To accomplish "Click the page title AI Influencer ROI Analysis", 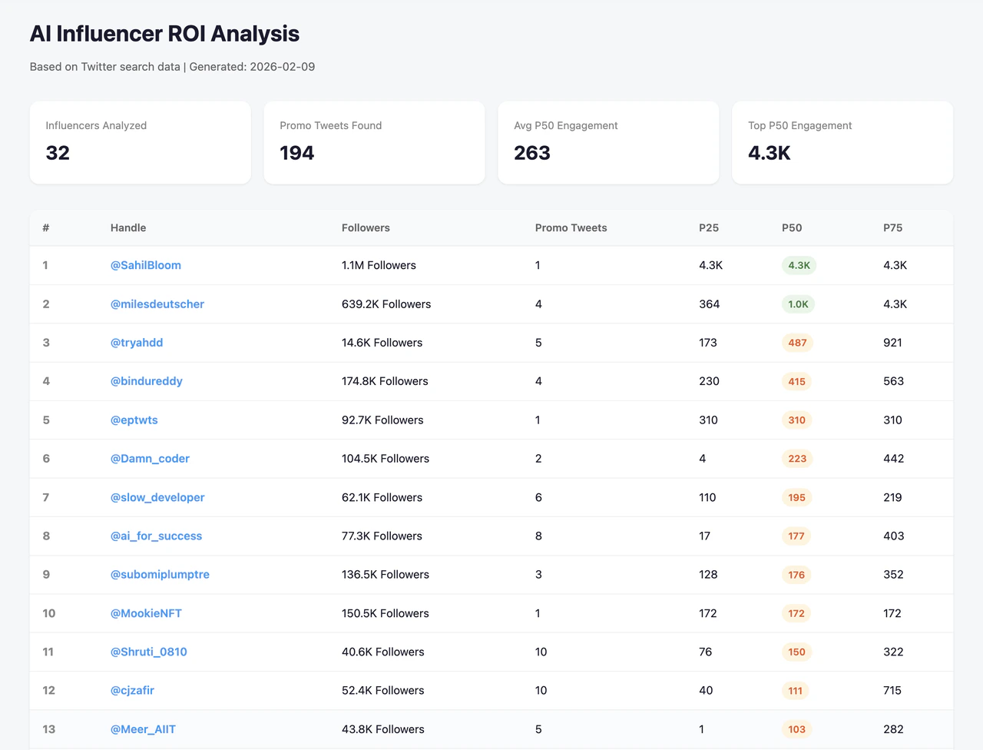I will (164, 34).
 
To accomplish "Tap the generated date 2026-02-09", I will (282, 67).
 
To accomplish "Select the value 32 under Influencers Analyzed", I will (58, 153).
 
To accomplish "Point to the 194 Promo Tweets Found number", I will (296, 153).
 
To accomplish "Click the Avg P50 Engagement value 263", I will (531, 153).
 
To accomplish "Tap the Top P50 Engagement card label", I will (799, 125).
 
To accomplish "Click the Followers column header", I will (366, 227).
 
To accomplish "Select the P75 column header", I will (892, 227).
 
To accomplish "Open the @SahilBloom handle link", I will (146, 265).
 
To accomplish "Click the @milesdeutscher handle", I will (157, 304).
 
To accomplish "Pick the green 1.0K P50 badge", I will (798, 304).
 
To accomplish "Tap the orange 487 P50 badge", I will (797, 343).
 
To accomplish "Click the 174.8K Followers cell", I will (385, 381).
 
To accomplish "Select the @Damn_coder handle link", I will (150, 459).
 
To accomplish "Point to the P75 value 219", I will (892, 497).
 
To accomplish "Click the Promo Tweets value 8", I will (538, 536).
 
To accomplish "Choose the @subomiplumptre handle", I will (160, 574).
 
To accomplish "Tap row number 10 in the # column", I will (49, 613).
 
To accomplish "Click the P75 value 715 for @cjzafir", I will (892, 690).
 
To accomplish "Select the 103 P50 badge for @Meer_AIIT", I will (796, 729).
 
